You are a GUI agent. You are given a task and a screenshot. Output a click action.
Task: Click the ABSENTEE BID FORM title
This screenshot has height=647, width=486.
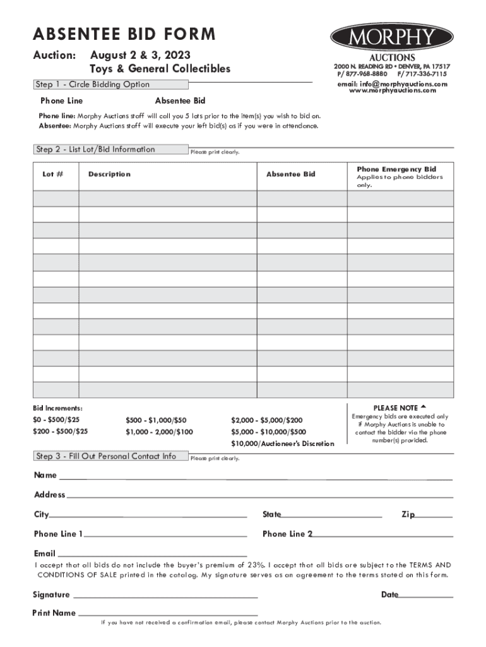tap(124, 34)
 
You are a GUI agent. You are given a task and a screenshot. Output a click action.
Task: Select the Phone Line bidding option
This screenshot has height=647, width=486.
tap(61, 101)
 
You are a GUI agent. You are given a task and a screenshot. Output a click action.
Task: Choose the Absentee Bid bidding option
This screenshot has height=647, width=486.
tap(180, 101)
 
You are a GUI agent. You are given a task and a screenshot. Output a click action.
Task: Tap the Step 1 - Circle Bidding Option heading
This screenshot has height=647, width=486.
tap(93, 85)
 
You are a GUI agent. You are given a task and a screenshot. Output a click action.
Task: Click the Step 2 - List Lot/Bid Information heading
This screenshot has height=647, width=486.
tap(95, 150)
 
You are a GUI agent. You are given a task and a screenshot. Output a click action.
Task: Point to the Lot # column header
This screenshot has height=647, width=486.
tap(52, 174)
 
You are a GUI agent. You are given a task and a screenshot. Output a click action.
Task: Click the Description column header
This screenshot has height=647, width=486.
tap(109, 174)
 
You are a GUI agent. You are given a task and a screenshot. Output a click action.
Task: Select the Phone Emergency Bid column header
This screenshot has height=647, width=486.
tap(396, 169)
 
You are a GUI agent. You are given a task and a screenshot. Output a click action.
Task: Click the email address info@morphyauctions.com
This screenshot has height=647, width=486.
tap(392, 84)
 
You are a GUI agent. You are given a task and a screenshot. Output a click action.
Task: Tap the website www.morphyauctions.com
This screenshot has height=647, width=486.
tap(392, 91)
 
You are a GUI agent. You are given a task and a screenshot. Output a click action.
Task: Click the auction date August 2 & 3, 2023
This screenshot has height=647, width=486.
tap(140, 56)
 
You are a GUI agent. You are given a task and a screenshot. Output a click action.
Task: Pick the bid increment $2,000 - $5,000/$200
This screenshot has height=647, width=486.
tap(267, 420)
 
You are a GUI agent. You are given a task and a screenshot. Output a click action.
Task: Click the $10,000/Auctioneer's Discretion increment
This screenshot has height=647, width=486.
tap(283, 444)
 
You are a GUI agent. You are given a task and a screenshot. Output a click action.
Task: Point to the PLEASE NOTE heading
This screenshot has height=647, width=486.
tap(400, 408)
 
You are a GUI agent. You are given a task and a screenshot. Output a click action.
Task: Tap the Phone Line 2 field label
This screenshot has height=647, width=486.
tap(287, 534)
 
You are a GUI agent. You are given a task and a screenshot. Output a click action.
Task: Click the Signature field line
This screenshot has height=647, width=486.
tap(165, 596)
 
